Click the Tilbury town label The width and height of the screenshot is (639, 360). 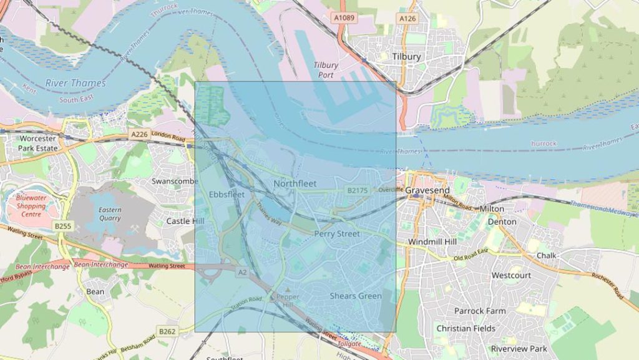(406, 56)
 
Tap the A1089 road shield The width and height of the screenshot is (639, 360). (344, 18)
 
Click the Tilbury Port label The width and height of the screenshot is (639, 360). (326, 70)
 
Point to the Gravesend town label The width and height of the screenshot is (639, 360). (427, 190)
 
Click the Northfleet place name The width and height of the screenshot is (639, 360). (295, 183)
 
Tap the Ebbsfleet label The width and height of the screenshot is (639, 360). (227, 194)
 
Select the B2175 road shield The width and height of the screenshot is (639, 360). (358, 190)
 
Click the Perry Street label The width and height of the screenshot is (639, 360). (337, 234)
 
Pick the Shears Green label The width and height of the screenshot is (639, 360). (356, 296)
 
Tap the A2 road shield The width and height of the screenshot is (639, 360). (242, 272)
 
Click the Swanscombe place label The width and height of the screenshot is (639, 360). (175, 181)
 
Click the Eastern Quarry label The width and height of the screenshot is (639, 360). (110, 214)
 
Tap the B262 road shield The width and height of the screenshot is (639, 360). (167, 331)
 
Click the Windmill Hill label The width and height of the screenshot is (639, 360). (432, 241)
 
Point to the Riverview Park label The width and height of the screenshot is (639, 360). (519, 348)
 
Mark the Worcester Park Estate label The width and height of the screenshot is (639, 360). (39, 143)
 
